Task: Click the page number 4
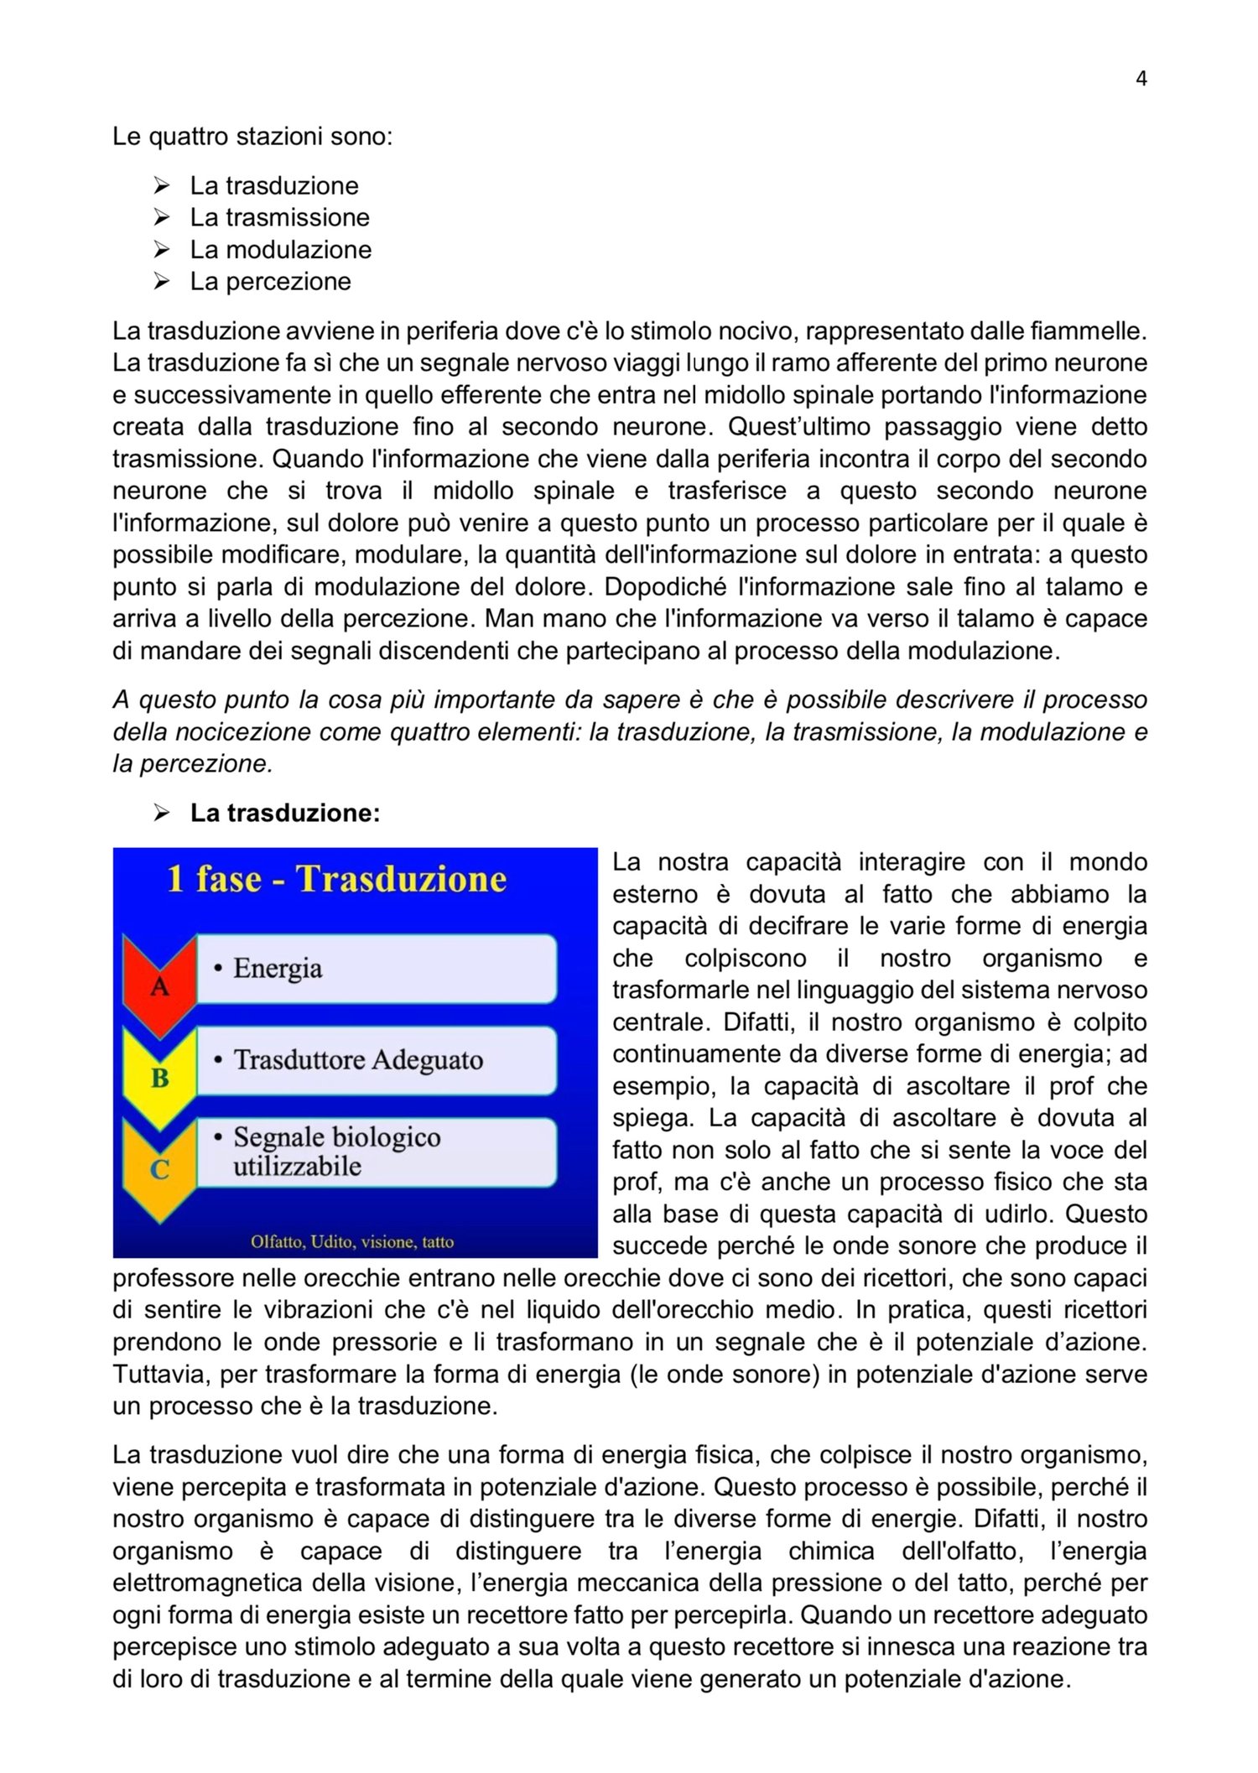1141,79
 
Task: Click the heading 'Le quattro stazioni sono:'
252,136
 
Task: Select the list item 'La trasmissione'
279,217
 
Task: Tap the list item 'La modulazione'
280,249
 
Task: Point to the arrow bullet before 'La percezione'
162,281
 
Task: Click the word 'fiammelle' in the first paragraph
1088,331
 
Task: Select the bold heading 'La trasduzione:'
285,813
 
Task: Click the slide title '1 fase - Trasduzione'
337,880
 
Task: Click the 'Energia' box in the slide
376,969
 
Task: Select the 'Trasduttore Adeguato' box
376,1060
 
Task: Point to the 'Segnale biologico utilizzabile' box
376,1152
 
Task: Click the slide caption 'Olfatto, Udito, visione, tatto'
352,1241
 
